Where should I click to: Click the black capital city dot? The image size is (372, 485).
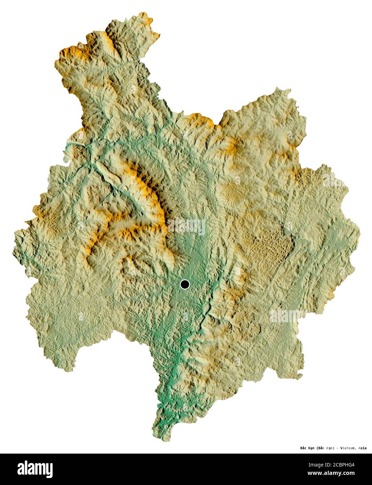coord(185,285)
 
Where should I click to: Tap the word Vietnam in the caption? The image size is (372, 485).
coord(347,448)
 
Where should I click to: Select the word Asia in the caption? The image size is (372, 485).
coord(362,448)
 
